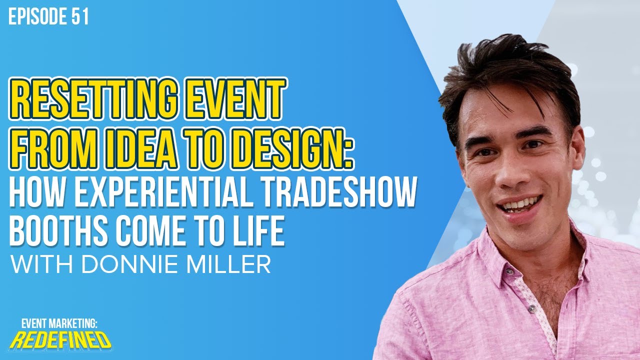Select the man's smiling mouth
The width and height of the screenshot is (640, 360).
[518, 204]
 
